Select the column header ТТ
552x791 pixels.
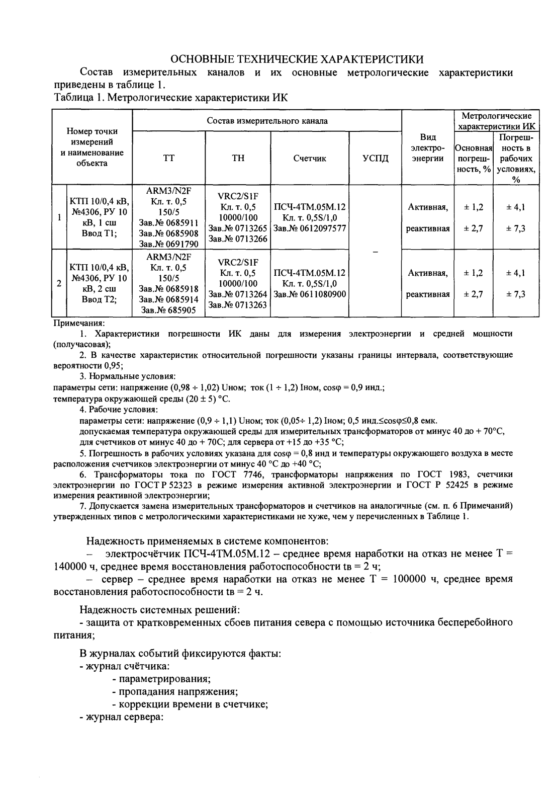pos(169,158)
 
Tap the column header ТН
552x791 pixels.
pos(238,158)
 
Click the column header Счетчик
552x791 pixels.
pos(310,158)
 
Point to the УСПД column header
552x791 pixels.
pos(375,158)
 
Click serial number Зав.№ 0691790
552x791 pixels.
pos(169,244)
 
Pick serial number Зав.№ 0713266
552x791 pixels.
pos(238,239)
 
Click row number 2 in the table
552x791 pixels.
pos(59,283)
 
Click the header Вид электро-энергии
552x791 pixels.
pos(428,148)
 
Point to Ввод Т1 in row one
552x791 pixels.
pos(99,233)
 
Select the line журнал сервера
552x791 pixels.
pos(122,717)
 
